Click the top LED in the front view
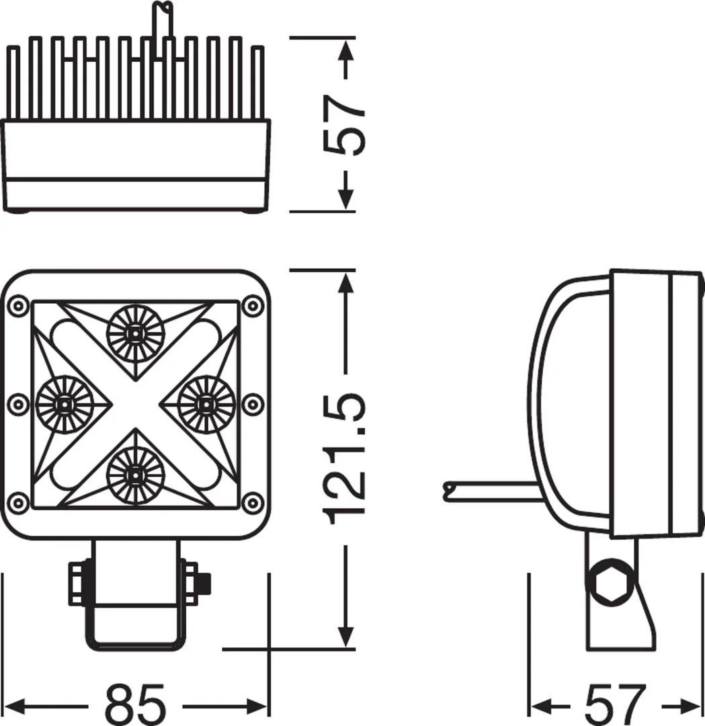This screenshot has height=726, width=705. pyautogui.click(x=135, y=333)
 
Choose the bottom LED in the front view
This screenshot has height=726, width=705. pyautogui.click(x=135, y=475)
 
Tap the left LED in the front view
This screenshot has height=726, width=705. pyautogui.click(x=65, y=404)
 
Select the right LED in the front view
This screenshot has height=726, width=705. pyautogui.click(x=206, y=404)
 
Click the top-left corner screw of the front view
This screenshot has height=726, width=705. pyautogui.click(x=18, y=306)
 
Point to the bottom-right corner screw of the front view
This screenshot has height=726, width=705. pyautogui.click(x=253, y=502)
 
